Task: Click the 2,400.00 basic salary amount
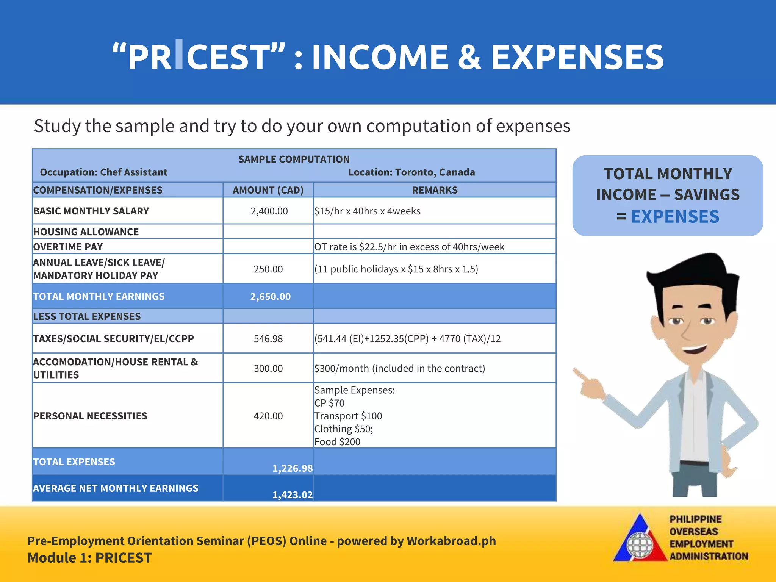[x=269, y=211]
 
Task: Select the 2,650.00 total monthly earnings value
[x=270, y=297]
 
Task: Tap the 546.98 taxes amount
[x=268, y=339]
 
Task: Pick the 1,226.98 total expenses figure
[x=292, y=468]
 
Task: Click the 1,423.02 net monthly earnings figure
[x=292, y=495]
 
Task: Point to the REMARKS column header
[x=435, y=190]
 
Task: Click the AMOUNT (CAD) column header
[x=268, y=190]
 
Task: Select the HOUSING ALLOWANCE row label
[x=86, y=232]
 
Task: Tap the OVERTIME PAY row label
[x=68, y=247]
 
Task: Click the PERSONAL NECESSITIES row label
[x=90, y=416]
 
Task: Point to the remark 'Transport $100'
[x=348, y=416]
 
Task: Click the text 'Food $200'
[x=337, y=442]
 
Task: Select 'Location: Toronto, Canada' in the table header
[x=411, y=172]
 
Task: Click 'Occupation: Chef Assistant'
[x=103, y=172]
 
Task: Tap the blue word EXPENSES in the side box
[x=675, y=217]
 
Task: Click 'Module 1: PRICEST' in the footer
[x=89, y=558]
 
